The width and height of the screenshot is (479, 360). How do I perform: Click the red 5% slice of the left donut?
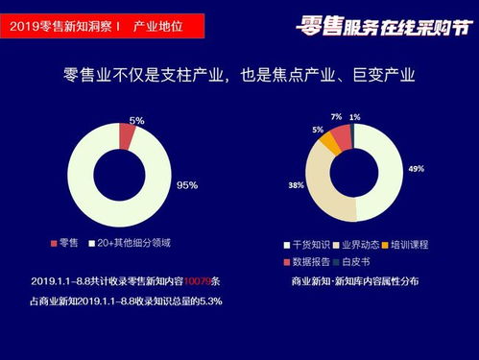pyautogui.click(x=127, y=137)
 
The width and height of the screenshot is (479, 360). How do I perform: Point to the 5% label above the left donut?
pyautogui.click(x=137, y=120)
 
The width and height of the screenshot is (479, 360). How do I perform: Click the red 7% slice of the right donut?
pyautogui.click(x=343, y=134)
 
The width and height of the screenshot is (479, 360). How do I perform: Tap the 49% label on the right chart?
pyautogui.click(x=416, y=168)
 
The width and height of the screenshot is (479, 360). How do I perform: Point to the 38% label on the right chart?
pyautogui.click(x=297, y=184)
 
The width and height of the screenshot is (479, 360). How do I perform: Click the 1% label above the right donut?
pyautogui.click(x=355, y=117)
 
